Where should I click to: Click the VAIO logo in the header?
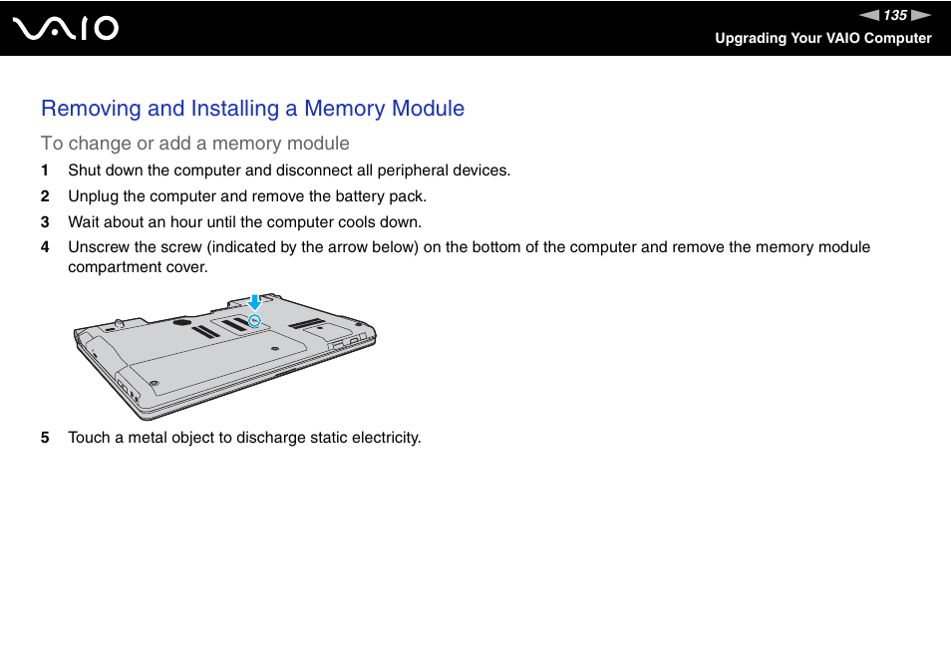coord(66,28)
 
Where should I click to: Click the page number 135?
coord(894,15)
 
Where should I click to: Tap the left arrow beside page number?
coord(870,15)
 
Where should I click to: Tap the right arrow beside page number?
coord(921,15)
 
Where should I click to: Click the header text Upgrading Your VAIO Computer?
coord(822,38)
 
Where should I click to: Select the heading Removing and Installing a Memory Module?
coord(252,108)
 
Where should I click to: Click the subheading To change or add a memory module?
coord(194,143)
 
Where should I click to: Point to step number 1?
coord(45,170)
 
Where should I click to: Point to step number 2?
coord(45,196)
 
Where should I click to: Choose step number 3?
coord(45,222)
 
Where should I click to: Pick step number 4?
coord(45,247)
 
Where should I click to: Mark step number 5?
coord(45,438)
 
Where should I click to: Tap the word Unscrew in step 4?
coord(99,247)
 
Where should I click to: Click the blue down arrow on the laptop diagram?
coord(254,302)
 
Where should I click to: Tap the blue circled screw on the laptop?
coord(254,320)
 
